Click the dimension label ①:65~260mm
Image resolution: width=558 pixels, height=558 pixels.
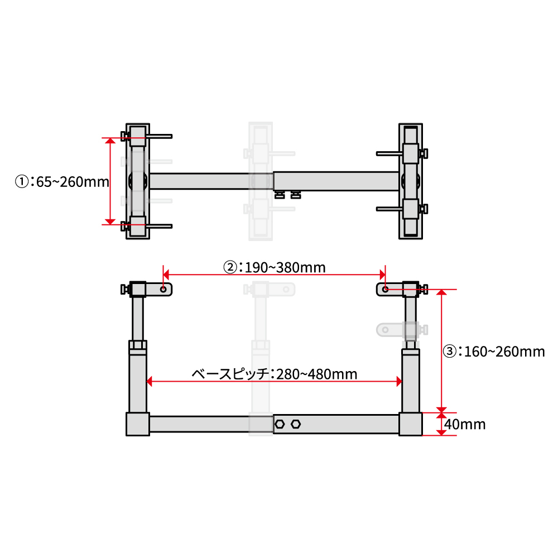(x=62, y=182)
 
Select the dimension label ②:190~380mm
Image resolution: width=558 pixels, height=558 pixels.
(x=274, y=267)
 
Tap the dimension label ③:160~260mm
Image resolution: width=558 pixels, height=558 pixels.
(x=494, y=352)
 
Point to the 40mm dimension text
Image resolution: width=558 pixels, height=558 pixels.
(x=465, y=424)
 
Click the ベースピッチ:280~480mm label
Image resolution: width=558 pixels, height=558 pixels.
(x=275, y=374)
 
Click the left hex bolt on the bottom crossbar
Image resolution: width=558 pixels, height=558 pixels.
(x=280, y=424)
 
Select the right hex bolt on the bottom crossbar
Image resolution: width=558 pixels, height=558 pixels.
(x=296, y=424)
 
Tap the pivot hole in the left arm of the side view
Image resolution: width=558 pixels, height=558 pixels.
(x=163, y=289)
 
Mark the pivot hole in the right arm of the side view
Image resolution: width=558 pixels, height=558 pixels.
(x=385, y=289)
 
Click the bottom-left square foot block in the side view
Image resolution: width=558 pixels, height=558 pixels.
(x=138, y=424)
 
